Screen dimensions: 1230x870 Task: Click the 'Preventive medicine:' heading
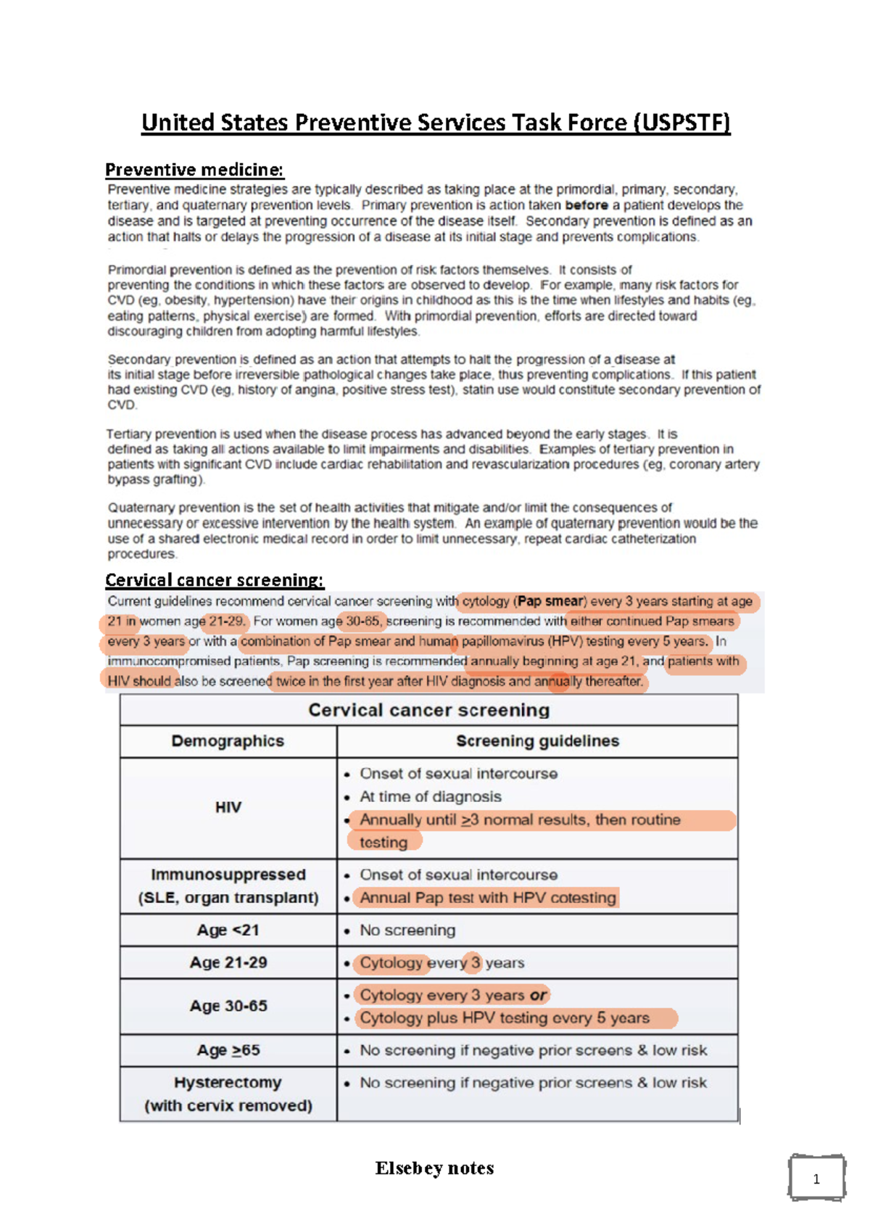194,170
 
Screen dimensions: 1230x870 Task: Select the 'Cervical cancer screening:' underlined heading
214,580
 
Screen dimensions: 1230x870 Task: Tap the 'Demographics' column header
228,741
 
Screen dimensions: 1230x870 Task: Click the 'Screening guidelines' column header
537,741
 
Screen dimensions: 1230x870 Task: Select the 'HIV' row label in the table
228,807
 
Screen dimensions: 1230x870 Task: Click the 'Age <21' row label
228,930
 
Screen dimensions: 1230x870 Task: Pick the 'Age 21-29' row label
228,962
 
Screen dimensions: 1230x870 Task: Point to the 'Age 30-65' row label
228,1006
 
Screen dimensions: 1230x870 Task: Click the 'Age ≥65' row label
228,1050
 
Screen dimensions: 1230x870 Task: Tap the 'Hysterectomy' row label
228,1083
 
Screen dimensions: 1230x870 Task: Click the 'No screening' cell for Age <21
407,930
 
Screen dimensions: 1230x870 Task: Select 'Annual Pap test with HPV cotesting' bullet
487,898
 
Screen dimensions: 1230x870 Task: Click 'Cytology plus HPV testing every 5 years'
505,1018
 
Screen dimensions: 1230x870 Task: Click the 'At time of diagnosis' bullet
431,796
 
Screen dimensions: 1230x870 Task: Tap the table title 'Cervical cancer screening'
428,710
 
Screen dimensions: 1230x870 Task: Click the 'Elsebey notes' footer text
434,1168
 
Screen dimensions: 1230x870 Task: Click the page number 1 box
816,1179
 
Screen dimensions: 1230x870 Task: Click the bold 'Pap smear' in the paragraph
550,601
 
